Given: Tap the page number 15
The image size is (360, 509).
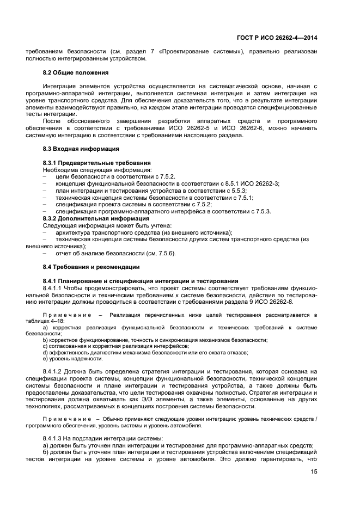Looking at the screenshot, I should pos(313,480).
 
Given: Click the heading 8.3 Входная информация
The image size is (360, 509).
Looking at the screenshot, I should pos(81,149).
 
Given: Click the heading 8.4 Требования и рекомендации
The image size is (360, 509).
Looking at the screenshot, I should pos(91,267).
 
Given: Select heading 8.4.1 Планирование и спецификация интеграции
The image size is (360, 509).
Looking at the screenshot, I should pos(140,281).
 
